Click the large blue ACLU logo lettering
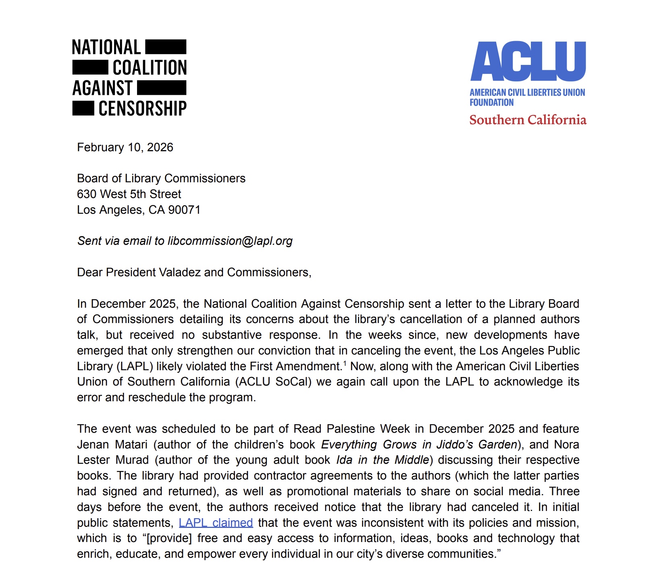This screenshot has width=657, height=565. point(528,61)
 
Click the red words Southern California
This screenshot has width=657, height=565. point(528,120)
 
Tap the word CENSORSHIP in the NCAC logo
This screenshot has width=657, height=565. point(142,108)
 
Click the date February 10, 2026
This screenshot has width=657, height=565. point(125,147)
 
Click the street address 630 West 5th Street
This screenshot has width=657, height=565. point(129,194)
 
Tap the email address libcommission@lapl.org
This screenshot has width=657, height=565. point(230,241)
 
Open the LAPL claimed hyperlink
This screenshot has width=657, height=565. point(216,523)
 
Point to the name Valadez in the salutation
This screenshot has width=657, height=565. point(180,272)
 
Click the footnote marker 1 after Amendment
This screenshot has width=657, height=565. point(345,364)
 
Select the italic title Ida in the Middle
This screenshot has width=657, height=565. point(383,460)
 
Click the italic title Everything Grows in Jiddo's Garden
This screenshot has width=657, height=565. point(419,444)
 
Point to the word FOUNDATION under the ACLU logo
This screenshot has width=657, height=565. point(491,102)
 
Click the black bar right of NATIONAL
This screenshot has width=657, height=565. point(166,47)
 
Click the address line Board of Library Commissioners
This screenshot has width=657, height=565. point(161,178)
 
